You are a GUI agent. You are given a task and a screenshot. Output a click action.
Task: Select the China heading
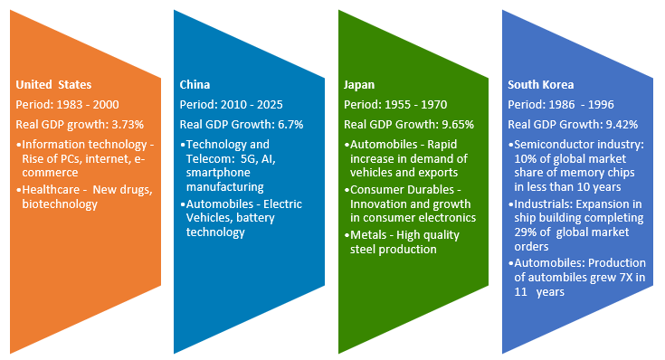pos(195,84)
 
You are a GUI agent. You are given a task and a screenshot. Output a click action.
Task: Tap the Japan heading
pos(358,84)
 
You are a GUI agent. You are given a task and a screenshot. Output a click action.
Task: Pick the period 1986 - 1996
pos(589,104)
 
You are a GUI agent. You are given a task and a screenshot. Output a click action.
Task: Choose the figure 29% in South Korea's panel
pos(523,232)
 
